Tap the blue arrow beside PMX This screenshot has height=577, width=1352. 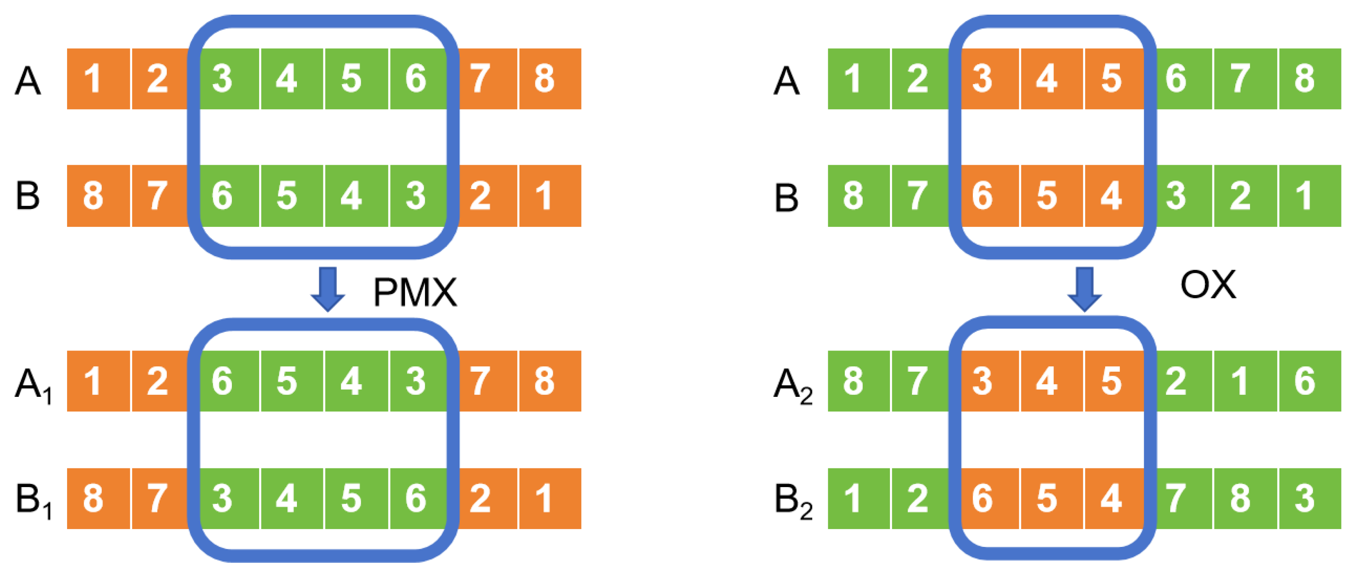tap(328, 290)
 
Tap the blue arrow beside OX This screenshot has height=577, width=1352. tap(1085, 290)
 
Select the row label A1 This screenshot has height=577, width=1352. tap(34, 385)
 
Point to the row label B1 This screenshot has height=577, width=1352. tap(34, 501)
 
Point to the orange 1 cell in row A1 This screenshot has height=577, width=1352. tap(98, 381)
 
